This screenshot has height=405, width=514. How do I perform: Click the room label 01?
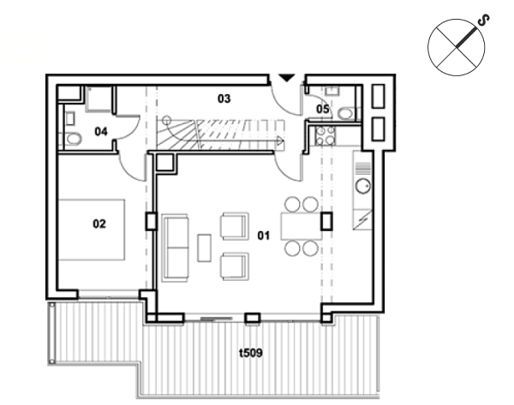click(x=264, y=235)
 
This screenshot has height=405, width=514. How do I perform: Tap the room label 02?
click(x=99, y=223)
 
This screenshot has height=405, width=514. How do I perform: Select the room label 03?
click(x=224, y=98)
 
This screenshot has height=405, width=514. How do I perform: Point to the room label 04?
click(x=101, y=131)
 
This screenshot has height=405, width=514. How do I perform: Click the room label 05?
click(x=323, y=109)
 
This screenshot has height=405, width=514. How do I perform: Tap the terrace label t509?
click(x=251, y=353)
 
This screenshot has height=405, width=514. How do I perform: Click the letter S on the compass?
click(x=483, y=21)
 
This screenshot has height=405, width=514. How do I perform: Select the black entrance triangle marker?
click(x=287, y=78)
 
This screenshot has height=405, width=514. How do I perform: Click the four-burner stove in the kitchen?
click(x=326, y=135)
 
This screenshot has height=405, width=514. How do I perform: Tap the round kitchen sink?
click(x=363, y=186)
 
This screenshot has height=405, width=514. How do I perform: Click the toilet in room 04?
click(x=73, y=139)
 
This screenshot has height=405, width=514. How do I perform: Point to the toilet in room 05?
click(x=346, y=113)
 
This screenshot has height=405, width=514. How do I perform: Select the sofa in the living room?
click(x=176, y=247)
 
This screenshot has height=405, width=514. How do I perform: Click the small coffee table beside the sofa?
click(x=204, y=247)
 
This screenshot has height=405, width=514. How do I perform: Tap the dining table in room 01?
click(x=301, y=226)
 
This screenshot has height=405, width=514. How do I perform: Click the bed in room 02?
click(x=92, y=229)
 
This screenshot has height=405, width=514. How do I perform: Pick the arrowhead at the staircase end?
click(x=280, y=141)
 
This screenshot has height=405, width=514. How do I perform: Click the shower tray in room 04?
click(x=99, y=99)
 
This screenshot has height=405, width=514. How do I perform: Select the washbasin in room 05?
click(x=332, y=91)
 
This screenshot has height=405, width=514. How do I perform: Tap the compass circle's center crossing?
click(x=457, y=47)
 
